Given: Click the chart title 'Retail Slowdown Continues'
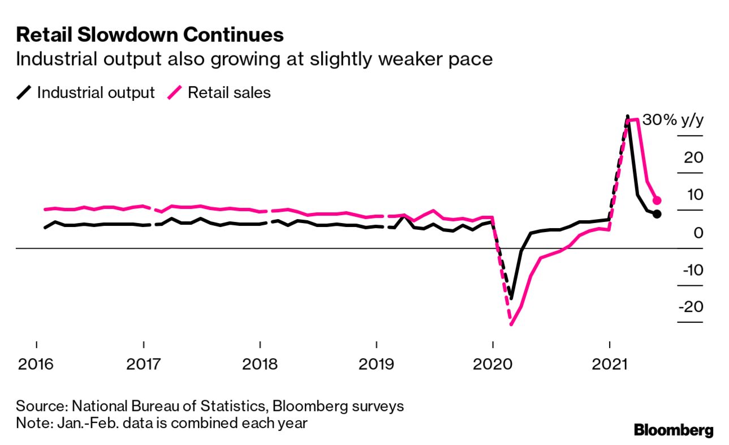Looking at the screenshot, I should (149, 35).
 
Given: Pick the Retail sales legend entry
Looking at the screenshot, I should (221, 92).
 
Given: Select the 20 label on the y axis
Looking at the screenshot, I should (693, 157).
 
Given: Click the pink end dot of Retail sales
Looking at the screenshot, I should (657, 200).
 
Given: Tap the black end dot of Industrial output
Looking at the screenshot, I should (656, 214).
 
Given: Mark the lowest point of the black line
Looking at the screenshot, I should (511, 298).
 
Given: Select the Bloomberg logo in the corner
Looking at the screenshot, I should (674, 430).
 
